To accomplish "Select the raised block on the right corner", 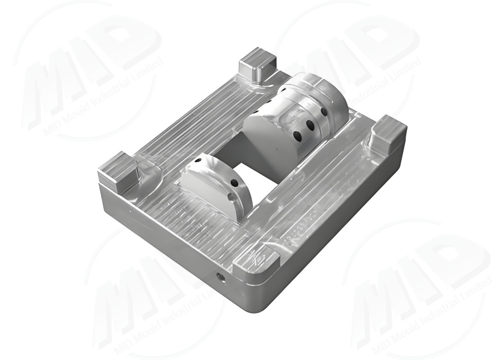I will (387, 131).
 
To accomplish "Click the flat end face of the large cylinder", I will (268, 139).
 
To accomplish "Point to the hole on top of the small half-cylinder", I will (198, 161).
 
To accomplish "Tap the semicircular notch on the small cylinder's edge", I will (230, 197).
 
